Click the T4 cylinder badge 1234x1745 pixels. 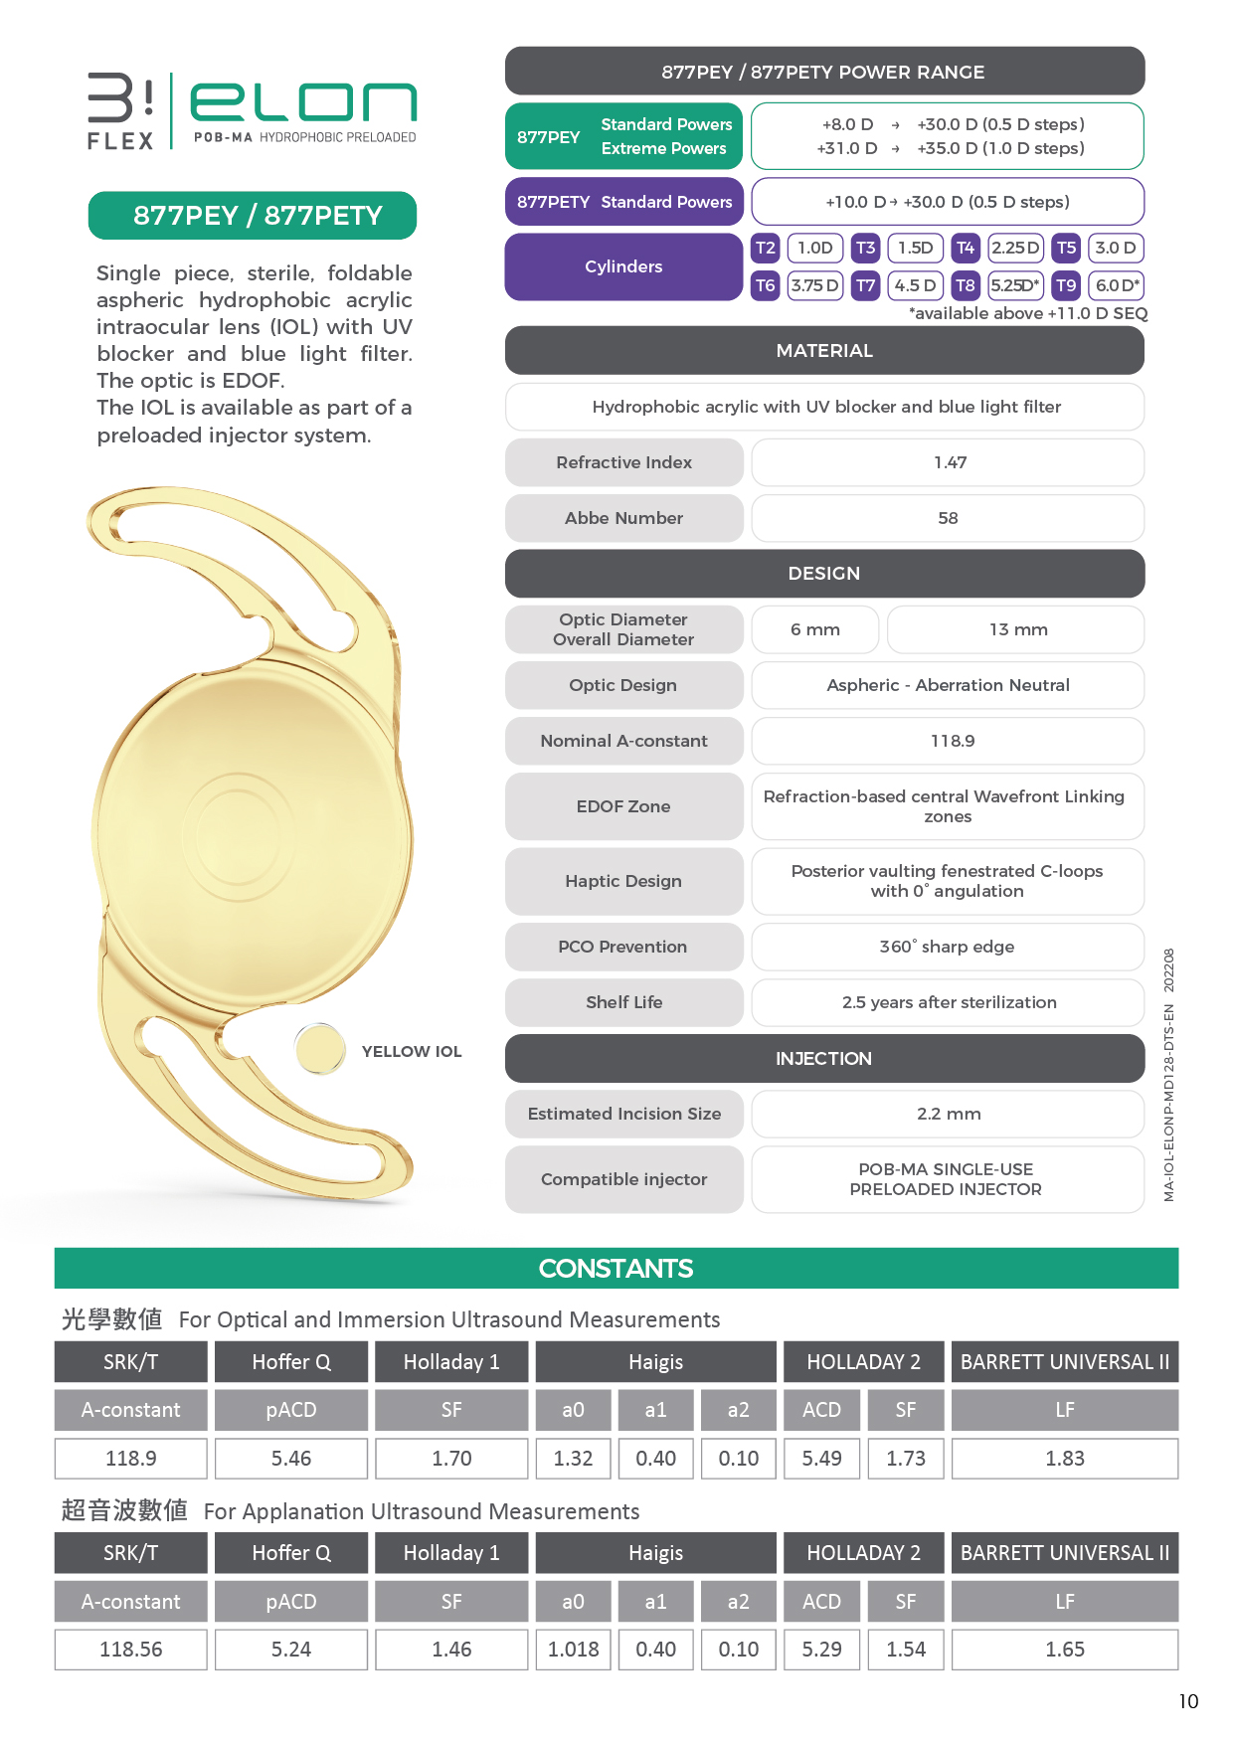pos(965,248)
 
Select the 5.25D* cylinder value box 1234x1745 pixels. pos(1015,285)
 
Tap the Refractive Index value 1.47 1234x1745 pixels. pos(949,462)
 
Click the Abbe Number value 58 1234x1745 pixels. pos(949,518)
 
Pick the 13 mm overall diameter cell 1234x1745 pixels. pos(1016,629)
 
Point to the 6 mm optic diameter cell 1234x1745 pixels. pos(814,629)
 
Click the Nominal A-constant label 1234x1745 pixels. pos(623,741)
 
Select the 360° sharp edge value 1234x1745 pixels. pos(947,947)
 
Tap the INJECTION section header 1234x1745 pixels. pos(824,1059)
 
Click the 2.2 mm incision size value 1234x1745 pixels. pos(949,1114)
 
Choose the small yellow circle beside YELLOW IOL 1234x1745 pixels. pos(320,1049)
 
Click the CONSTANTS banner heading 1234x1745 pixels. pos(616,1269)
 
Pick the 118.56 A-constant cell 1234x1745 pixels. pos(131,1650)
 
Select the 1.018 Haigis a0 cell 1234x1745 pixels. pos(574,1650)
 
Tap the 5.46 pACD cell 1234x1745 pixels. pos(291,1459)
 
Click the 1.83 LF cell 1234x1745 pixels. pos(1064,1459)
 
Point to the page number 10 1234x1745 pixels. pos(1188,1701)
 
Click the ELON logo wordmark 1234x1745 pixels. pos(303,102)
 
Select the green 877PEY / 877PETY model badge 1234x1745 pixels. pos(253,216)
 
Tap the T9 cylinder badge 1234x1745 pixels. pos(1066,285)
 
